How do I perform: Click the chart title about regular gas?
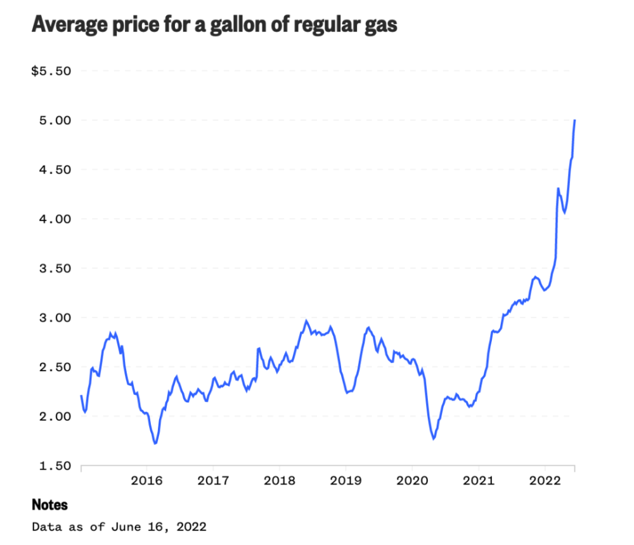(214, 26)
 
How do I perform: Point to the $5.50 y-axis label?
(51, 71)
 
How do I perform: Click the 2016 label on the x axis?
(147, 480)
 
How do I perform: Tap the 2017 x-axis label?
(213, 480)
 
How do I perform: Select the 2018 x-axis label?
(279, 480)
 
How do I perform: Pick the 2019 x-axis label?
(346, 480)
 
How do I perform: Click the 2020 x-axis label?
(411, 480)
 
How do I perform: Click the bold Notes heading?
(49, 505)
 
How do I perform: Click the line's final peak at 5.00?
(574, 120)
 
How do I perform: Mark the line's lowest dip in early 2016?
(155, 444)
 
